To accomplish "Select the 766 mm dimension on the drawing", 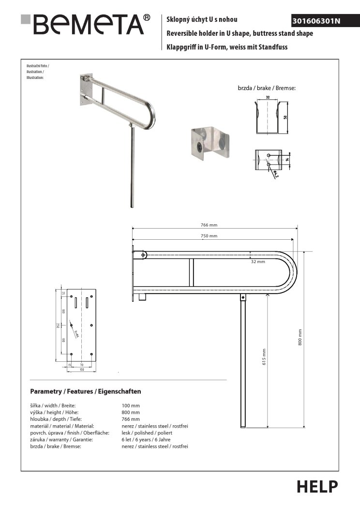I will pos(209,224).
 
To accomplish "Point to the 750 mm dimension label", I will pos(209,236).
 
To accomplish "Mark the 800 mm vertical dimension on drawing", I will pos(300,337).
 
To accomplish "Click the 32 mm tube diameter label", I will pos(258,262).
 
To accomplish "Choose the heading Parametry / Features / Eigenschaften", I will pos(85,391).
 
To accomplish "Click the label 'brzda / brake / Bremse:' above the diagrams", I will pos(267,89).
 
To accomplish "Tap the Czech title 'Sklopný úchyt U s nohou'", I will pos(202,20).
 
